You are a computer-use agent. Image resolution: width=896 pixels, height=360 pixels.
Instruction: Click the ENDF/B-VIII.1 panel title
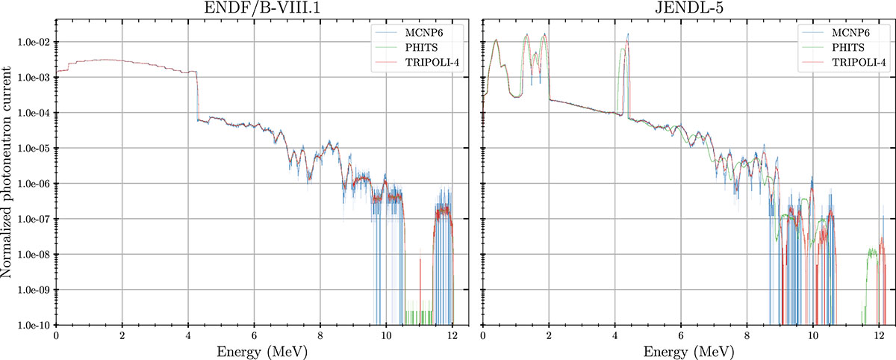261,10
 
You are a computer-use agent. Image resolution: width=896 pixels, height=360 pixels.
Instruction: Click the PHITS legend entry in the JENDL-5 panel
856,47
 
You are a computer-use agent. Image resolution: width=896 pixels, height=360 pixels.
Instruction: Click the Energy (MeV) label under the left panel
261,350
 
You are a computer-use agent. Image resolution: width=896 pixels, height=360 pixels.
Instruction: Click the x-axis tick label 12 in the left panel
452,336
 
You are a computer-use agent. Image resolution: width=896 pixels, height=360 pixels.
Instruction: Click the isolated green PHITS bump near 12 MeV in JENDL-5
872,254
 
